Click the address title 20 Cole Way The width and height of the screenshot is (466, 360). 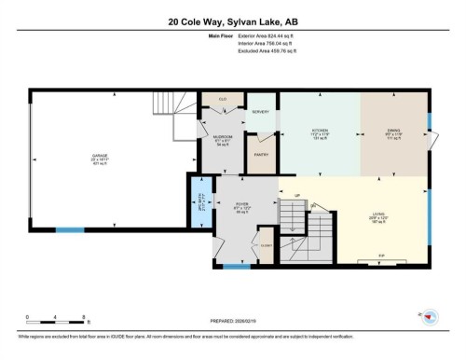point(232,21)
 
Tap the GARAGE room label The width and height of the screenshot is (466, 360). point(101,155)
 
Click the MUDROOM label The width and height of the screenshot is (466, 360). point(223,138)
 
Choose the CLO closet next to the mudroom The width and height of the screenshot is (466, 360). point(223,98)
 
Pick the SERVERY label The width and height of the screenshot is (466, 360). point(260,112)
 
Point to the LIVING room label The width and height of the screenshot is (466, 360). point(377,215)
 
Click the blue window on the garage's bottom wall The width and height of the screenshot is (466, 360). point(70,228)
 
